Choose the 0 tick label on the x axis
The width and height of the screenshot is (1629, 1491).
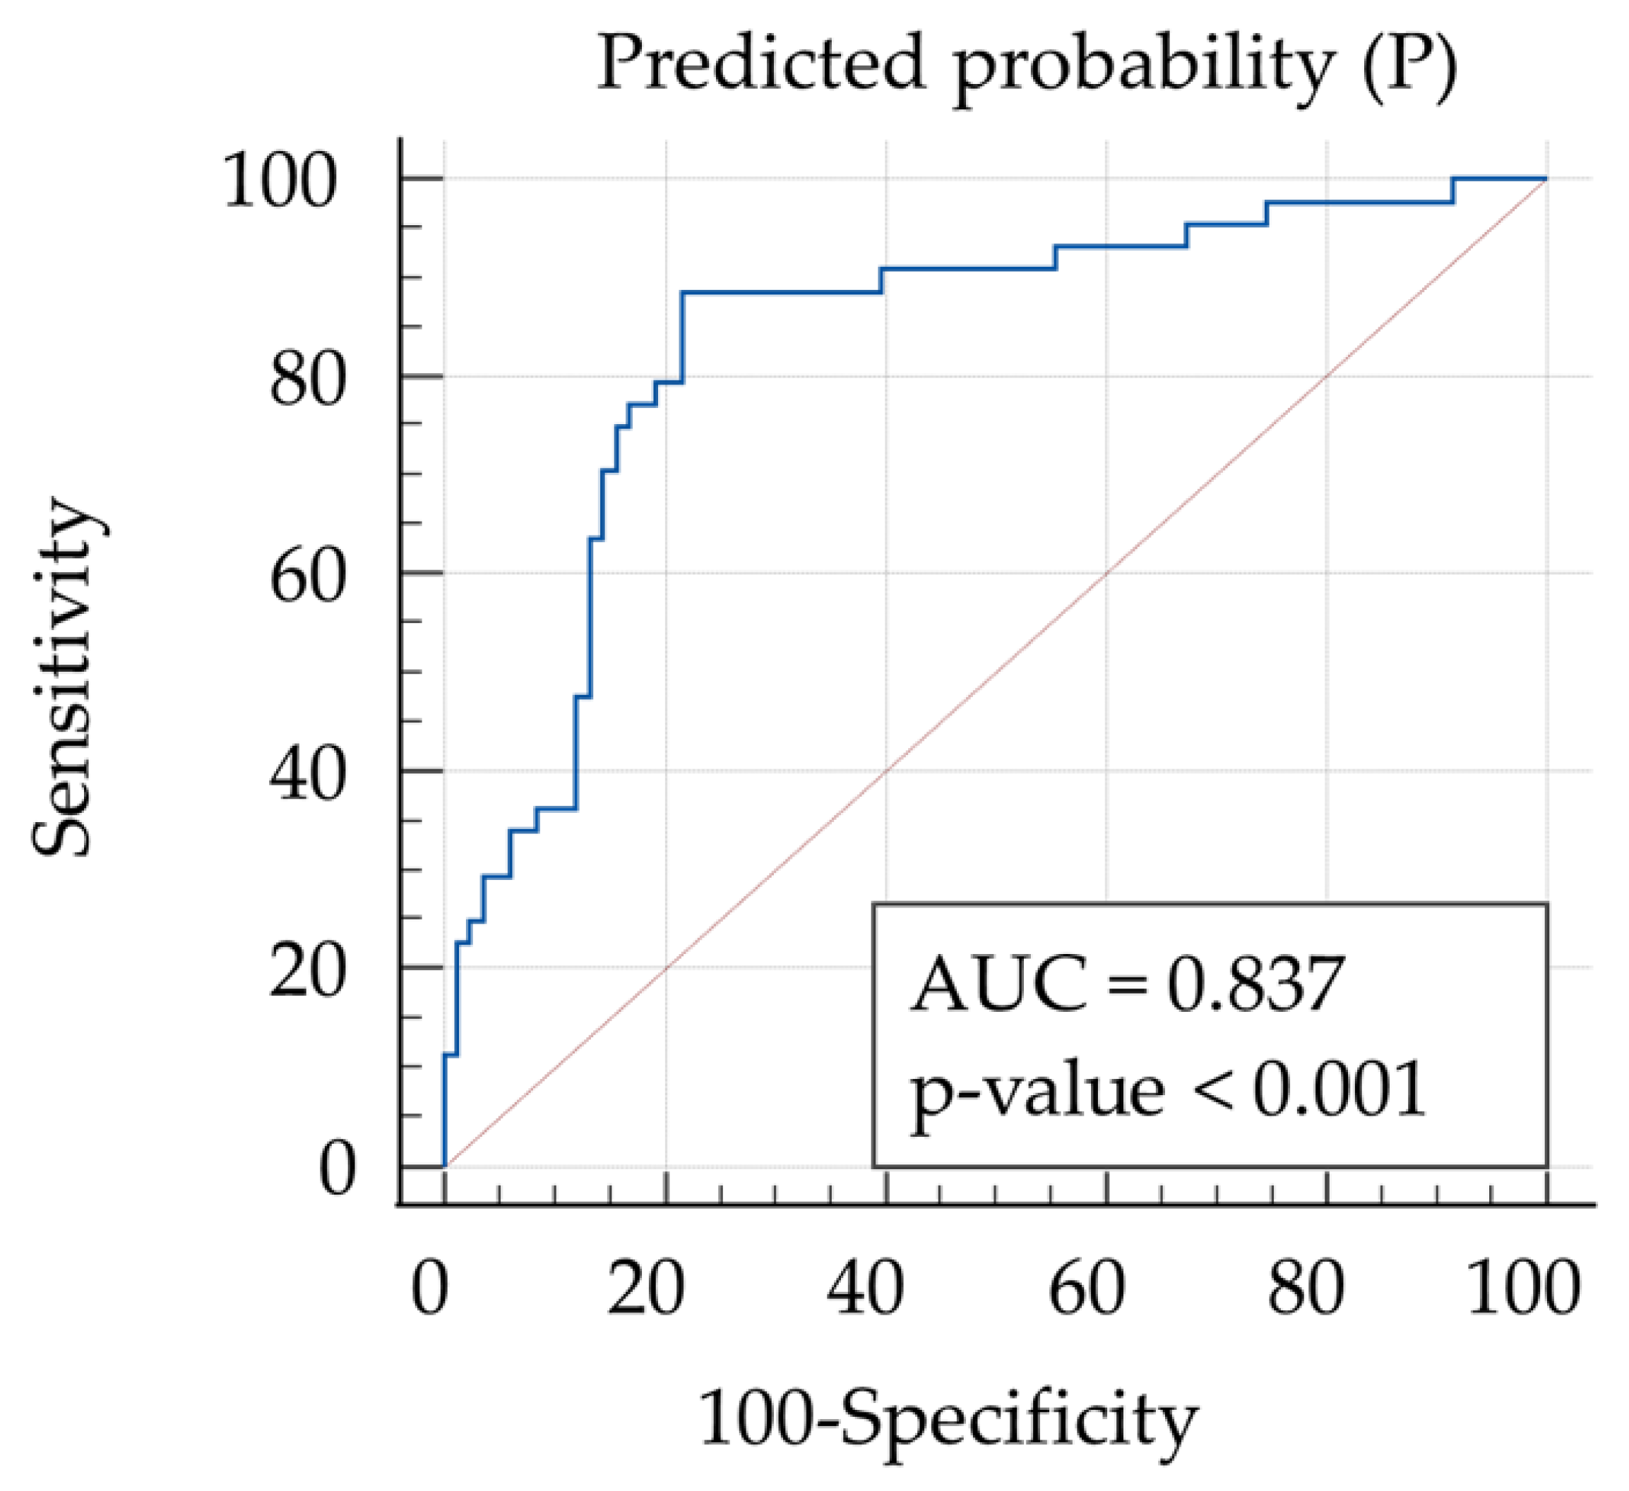pos(430,1289)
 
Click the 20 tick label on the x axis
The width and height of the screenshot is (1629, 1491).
pos(646,1289)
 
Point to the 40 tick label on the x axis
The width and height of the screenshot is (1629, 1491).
pos(866,1289)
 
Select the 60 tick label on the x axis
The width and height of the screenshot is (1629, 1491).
pos(1087,1289)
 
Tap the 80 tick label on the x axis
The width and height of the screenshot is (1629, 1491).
pos(1306,1289)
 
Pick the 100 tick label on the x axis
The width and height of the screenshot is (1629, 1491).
pos(1523,1289)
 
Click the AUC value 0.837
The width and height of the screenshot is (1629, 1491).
pos(1255,984)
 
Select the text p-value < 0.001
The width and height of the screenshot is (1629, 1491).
pos(1169,1089)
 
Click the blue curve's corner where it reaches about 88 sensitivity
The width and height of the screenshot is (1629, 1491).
pos(684,292)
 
